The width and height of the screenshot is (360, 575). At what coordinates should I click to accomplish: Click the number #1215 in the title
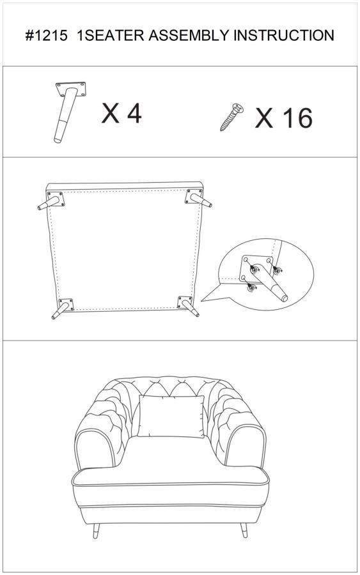[47, 36]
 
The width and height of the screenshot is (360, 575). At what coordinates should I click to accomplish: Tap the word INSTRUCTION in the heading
[284, 36]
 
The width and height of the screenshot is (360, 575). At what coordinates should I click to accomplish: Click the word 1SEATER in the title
[110, 36]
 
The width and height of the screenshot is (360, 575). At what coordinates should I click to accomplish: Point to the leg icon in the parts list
[68, 111]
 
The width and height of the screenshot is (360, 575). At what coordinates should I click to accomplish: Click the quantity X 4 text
[121, 113]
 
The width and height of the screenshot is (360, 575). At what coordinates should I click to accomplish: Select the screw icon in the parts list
[232, 117]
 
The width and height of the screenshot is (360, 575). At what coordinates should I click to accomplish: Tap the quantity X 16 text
[284, 118]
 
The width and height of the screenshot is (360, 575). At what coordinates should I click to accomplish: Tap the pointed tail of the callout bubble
[202, 301]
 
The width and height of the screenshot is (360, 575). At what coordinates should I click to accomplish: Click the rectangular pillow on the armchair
[171, 417]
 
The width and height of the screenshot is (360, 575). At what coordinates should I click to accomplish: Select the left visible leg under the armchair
[96, 530]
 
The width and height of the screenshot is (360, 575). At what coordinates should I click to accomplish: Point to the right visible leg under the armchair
[244, 530]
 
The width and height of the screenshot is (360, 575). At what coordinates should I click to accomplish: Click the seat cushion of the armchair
[170, 476]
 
